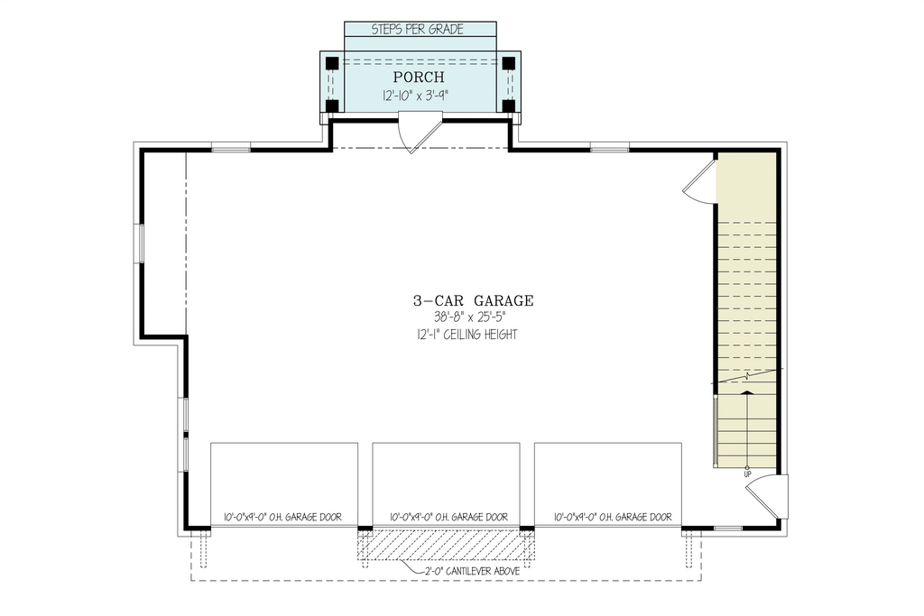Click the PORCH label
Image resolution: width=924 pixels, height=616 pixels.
pos(418,78)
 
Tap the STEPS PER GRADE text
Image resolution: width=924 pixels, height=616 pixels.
pos(418,30)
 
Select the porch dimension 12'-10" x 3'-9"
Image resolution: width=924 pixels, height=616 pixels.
pos(418,95)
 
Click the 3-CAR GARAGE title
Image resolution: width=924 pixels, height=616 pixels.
pos(461,300)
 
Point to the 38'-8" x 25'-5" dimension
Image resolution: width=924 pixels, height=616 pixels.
pos(461,317)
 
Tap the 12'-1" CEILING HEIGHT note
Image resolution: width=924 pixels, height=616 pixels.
pos(461,335)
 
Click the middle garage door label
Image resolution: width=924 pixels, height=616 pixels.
pos(448,518)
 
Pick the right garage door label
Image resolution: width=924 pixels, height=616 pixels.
pos(614,518)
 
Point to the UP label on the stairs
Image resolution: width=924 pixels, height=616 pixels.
pos(747,473)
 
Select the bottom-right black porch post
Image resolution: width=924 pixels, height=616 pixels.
pos(508,106)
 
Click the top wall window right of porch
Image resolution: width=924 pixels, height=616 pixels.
pos(609,147)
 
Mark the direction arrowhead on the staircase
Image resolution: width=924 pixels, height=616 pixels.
pos(747,392)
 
